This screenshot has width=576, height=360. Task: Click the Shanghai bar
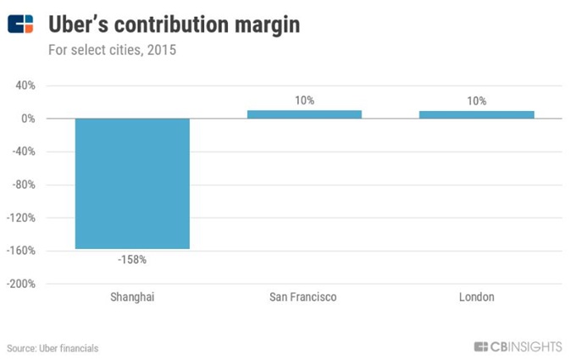click(132, 183)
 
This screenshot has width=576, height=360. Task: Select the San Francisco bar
click(304, 114)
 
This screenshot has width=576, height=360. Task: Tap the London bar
click(476, 114)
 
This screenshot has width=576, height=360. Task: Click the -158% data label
click(132, 259)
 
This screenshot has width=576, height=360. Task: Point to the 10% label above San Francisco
click(304, 101)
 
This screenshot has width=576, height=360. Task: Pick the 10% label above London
click(476, 101)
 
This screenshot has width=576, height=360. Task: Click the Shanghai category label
click(132, 297)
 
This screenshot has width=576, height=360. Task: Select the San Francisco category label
click(303, 297)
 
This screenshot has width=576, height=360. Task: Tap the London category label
click(476, 297)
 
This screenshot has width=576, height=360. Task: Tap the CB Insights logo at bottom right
click(518, 346)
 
